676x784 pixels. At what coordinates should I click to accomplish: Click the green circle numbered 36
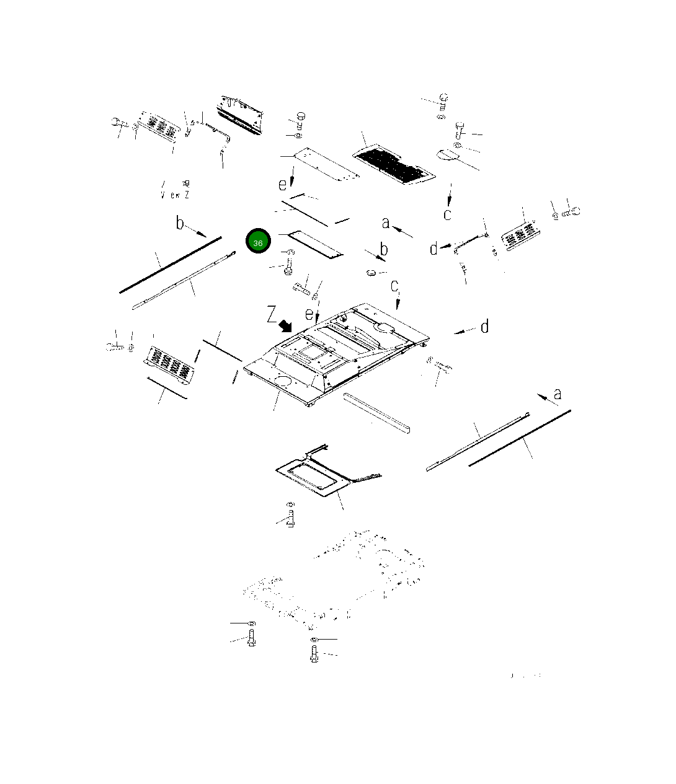point(258,242)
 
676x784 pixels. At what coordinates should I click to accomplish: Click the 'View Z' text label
point(175,195)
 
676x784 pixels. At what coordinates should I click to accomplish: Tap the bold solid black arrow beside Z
point(286,325)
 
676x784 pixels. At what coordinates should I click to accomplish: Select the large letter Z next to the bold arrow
point(272,315)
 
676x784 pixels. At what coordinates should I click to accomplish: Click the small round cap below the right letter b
point(370,273)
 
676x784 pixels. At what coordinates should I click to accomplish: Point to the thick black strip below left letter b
point(170,265)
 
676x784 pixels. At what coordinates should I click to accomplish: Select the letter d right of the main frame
point(484,327)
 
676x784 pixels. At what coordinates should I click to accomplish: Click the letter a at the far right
point(557,394)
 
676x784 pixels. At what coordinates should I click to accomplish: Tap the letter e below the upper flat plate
point(283,184)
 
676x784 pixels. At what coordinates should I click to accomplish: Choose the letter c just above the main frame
point(394,286)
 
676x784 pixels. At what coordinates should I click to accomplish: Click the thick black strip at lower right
point(520,438)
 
